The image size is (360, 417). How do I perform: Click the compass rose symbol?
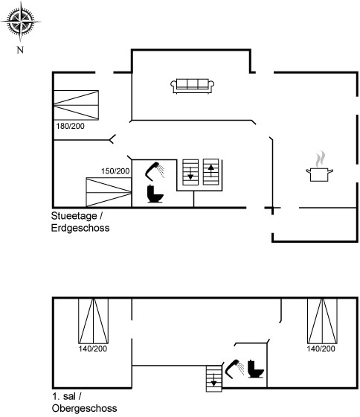click(x=21, y=22)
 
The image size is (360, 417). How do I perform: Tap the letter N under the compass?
click(x=20, y=50)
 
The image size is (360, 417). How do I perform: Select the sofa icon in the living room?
click(x=193, y=86)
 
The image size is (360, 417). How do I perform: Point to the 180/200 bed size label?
click(x=70, y=126)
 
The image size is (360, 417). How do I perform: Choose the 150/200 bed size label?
click(x=115, y=171)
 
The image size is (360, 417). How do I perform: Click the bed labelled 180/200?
click(x=77, y=105)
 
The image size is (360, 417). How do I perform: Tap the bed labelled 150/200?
click(x=109, y=192)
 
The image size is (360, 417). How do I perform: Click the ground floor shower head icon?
click(x=155, y=171)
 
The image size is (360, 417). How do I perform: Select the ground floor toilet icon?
click(x=155, y=194)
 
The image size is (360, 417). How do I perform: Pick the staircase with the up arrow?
click(x=211, y=172)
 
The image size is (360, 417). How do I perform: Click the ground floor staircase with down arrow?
click(x=190, y=172)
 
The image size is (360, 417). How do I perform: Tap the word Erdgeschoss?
click(x=80, y=228)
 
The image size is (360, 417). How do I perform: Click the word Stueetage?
click(x=74, y=216)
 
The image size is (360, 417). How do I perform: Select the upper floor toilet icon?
click(x=256, y=369)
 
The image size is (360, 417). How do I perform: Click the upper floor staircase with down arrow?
click(x=214, y=378)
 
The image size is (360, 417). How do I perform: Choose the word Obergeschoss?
click(x=85, y=409)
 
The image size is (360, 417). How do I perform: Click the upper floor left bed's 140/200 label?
click(x=93, y=348)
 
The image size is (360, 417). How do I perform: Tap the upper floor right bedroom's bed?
click(x=322, y=321)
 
